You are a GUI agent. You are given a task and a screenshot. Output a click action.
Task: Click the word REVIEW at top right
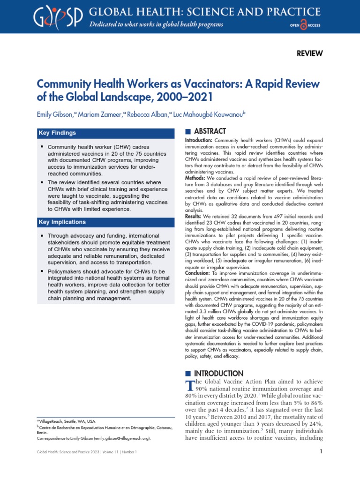(x=310, y=53)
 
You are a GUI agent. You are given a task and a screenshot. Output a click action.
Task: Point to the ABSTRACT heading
(x=210, y=131)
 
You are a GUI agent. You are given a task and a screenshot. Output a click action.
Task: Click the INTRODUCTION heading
(x=218, y=374)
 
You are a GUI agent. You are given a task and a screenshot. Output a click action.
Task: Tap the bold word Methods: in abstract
(x=198, y=178)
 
